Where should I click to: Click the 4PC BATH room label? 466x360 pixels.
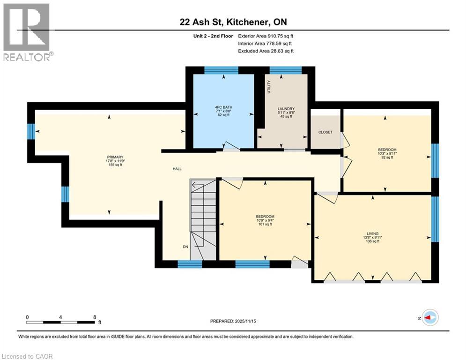(x=220, y=107)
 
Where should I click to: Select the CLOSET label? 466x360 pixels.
(x=325, y=132)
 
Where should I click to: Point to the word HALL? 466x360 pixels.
(x=177, y=169)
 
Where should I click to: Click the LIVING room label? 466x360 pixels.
(x=372, y=233)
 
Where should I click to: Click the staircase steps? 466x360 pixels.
(x=203, y=211)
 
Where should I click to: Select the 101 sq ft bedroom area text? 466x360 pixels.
(x=265, y=225)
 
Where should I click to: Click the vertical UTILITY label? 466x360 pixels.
(x=269, y=87)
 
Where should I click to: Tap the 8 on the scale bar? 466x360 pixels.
(x=95, y=316)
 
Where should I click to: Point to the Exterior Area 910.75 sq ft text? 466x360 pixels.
(x=266, y=36)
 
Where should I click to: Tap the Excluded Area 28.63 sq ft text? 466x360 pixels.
(x=266, y=51)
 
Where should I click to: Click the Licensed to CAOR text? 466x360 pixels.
(x=28, y=356)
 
